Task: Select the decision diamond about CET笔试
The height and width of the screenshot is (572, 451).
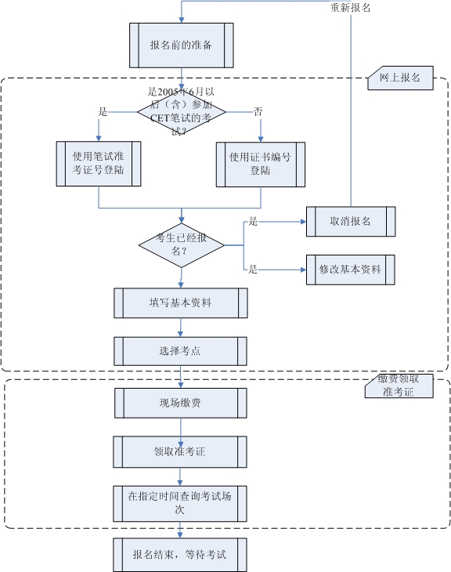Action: click(x=181, y=112)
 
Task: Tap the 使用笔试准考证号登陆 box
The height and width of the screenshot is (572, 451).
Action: click(x=99, y=164)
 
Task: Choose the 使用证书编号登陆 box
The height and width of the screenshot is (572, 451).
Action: click(x=260, y=164)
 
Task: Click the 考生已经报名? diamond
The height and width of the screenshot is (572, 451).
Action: click(x=181, y=245)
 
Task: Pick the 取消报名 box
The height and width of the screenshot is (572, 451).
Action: click(x=350, y=223)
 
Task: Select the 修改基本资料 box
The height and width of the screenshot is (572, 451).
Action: click(x=350, y=269)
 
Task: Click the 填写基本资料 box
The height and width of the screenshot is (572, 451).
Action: click(x=181, y=303)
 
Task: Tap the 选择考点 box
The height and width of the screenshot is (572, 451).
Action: click(x=181, y=351)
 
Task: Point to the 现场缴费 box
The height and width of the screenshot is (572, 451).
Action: click(x=181, y=403)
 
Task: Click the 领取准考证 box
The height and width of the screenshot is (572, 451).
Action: click(x=181, y=451)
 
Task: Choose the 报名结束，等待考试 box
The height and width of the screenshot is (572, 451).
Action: click(x=181, y=554)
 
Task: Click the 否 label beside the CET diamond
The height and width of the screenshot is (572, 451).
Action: click(x=258, y=111)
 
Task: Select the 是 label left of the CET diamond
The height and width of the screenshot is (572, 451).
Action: click(x=103, y=111)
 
